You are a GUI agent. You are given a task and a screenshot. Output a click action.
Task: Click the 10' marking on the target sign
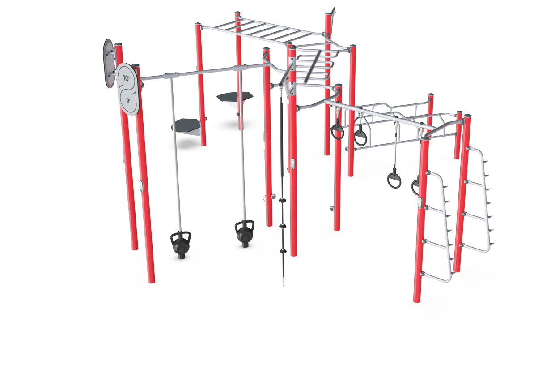click(127, 78)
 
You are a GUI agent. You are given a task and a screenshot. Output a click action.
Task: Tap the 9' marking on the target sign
click(128, 100)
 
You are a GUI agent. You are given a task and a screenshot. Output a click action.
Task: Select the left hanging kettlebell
click(180, 245)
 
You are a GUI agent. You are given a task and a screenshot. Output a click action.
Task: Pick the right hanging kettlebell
click(245, 234)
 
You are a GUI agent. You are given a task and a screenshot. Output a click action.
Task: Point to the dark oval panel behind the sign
click(109, 63)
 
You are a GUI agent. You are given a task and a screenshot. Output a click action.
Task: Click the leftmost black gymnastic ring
click(337, 132)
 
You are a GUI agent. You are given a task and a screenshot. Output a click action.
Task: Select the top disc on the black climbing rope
click(283, 200)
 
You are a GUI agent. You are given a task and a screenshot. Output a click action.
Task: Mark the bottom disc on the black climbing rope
click(283, 251)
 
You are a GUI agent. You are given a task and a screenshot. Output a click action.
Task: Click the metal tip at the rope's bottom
click(283, 283)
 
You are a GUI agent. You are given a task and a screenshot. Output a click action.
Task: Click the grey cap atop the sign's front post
click(136, 65)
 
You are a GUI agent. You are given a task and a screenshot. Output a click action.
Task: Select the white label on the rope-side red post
click(292, 164)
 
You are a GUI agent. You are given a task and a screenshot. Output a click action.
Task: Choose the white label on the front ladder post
click(419, 203)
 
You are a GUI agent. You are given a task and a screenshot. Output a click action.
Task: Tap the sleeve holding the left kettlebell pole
click(170, 75)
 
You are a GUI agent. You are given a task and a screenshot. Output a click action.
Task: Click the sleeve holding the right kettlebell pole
click(240, 68)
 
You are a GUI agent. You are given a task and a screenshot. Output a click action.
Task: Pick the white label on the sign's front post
click(141, 186)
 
